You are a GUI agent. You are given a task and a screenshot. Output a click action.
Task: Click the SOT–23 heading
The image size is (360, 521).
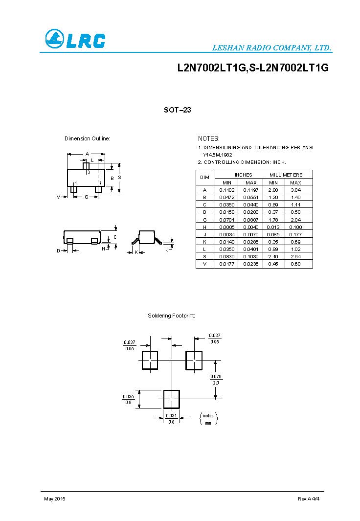pyautogui.click(x=177, y=110)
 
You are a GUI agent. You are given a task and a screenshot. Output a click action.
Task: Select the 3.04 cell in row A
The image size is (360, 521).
pyautogui.click(x=295, y=190)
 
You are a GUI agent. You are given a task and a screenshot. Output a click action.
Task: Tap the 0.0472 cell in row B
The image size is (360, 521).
pyautogui.click(x=227, y=197)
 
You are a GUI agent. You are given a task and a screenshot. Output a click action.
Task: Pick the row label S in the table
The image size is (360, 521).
pyautogui.click(x=205, y=256)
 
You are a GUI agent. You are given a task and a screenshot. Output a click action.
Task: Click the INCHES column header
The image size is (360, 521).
pyautogui.click(x=243, y=175)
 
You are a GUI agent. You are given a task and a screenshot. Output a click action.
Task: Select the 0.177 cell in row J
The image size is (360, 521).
pyautogui.click(x=295, y=234)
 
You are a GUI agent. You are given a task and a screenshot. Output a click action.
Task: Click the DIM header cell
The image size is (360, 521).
pyautogui.click(x=205, y=177)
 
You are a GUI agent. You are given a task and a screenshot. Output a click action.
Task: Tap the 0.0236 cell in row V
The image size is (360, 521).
pyautogui.click(x=250, y=264)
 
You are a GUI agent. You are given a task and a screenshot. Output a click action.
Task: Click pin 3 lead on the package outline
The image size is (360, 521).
pyautogui.click(x=86, y=166)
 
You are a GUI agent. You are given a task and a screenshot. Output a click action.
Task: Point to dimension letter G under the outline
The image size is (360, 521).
pyautogui.click(x=86, y=197)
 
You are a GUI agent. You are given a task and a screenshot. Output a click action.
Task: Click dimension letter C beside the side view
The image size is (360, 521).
pyautogui.click(x=115, y=237)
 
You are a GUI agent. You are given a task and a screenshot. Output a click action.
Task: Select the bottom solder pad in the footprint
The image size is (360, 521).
pyautogui.click(x=171, y=399)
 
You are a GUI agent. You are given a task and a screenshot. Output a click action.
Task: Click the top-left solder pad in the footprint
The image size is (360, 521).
pyautogui.click(x=150, y=360)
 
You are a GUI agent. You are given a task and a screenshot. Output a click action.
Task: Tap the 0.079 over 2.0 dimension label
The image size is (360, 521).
pyautogui.click(x=216, y=380)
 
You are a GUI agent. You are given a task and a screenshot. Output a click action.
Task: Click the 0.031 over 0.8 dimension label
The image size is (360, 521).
pyautogui.click(x=171, y=418)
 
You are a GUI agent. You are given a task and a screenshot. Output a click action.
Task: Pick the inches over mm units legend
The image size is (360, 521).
pyautogui.click(x=209, y=418)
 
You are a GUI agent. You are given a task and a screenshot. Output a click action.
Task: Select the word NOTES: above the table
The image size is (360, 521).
pyautogui.click(x=209, y=139)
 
